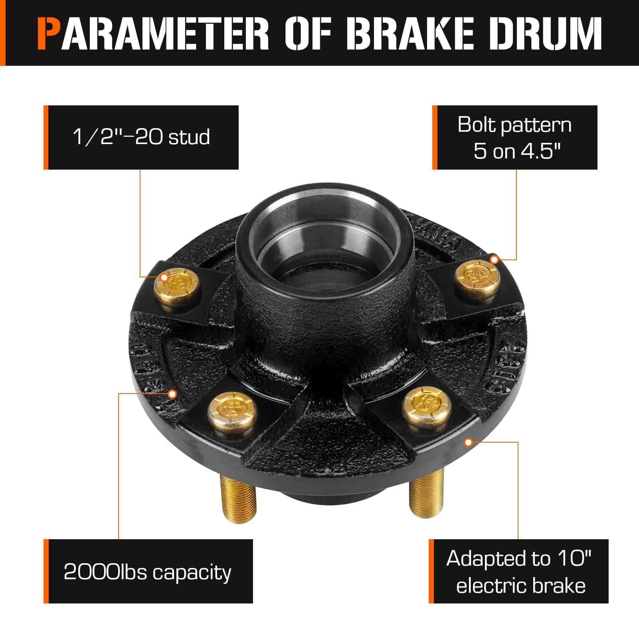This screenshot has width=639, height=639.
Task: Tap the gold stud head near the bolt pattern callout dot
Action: coord(478,275)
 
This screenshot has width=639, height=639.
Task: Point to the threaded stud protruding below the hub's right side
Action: coord(420,501)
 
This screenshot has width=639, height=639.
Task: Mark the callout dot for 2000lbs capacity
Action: coord(172,394)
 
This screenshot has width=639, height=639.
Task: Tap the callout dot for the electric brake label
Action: coord(469,442)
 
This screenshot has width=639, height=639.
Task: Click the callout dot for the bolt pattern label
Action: coord(494,260)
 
